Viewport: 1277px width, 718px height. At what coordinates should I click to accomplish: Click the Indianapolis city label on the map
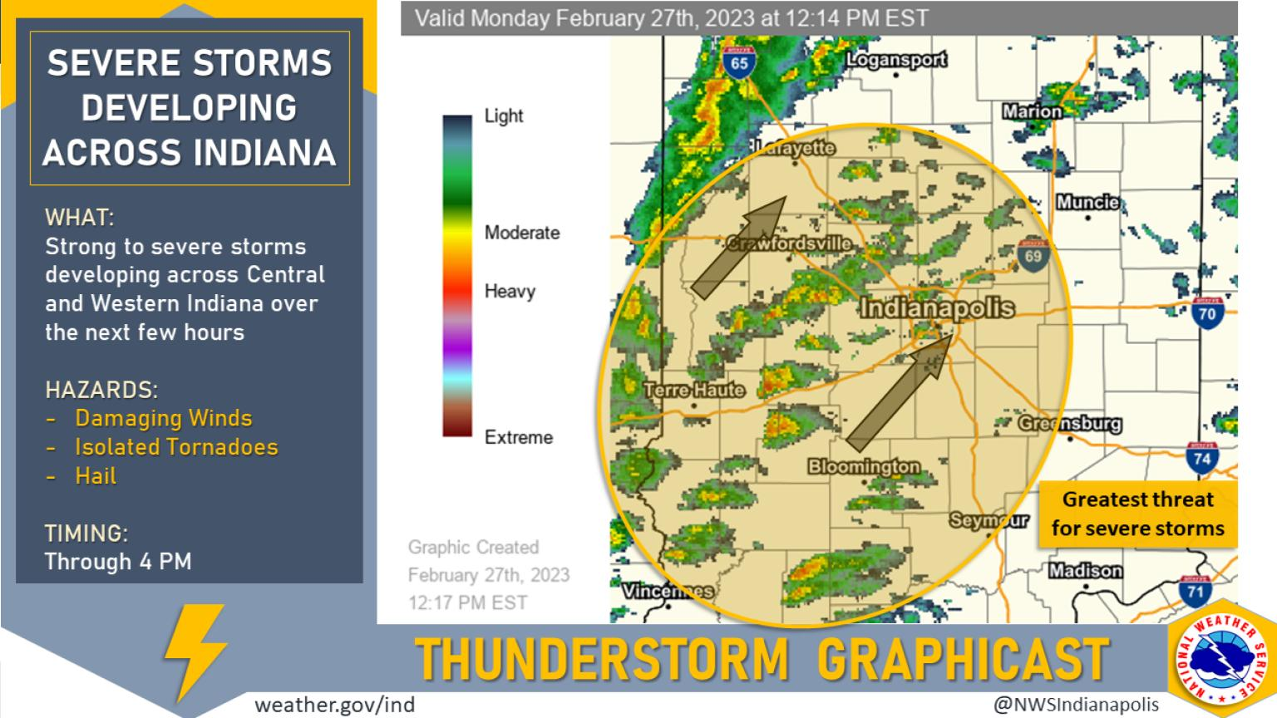pyautogui.click(x=937, y=308)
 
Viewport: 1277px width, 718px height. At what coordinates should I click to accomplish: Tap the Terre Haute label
pyautogui.click(x=694, y=389)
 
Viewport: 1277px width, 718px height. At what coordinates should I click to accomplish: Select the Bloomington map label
pyautogui.click(x=864, y=466)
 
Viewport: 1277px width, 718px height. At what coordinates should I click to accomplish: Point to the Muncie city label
pyautogui.click(x=1087, y=202)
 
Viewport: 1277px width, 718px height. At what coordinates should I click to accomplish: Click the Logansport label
pyautogui.click(x=896, y=60)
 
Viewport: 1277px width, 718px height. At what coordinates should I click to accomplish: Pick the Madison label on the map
pyautogui.click(x=1085, y=571)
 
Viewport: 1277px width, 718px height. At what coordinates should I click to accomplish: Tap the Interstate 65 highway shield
pyautogui.click(x=738, y=63)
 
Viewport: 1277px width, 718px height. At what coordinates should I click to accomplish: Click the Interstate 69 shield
pyautogui.click(x=1033, y=255)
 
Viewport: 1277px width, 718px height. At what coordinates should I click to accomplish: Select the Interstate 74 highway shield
pyautogui.click(x=1202, y=458)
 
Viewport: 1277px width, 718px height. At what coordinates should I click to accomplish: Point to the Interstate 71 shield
pyautogui.click(x=1195, y=591)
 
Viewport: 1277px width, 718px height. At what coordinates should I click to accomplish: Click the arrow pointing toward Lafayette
pyautogui.click(x=739, y=248)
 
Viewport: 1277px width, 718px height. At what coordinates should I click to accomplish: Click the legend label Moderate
pyautogui.click(x=522, y=233)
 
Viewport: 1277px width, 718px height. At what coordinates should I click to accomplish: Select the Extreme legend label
pyautogui.click(x=518, y=437)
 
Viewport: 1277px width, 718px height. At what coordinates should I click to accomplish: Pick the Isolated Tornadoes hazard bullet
pyautogui.click(x=176, y=447)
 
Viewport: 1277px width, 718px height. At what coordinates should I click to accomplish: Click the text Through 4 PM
pyautogui.click(x=118, y=562)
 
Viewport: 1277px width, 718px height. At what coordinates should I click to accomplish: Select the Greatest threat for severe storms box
pyautogui.click(x=1137, y=514)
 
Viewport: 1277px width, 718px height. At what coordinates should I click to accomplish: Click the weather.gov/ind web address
pyautogui.click(x=334, y=705)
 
